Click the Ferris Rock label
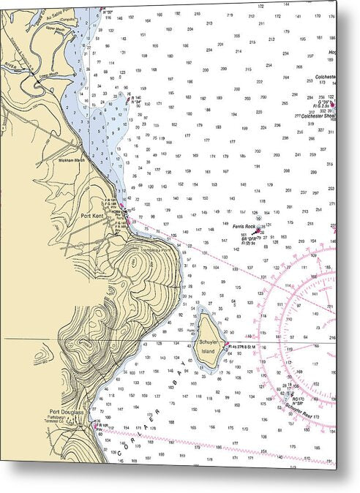tap(244, 227)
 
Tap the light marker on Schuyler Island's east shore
tap(227, 347)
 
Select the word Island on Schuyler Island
tap(209, 351)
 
